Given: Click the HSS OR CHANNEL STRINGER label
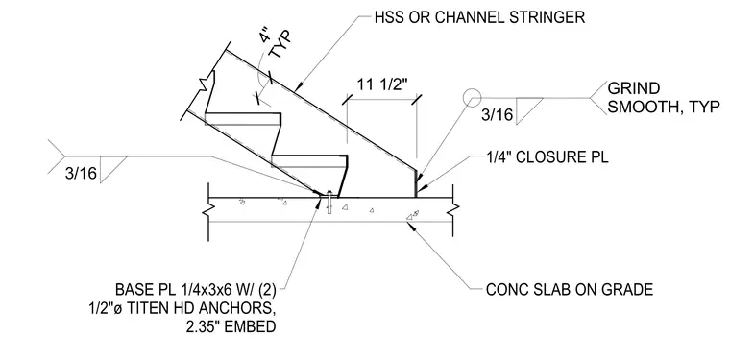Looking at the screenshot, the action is (479, 17).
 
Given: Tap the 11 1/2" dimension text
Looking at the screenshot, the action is (382, 84).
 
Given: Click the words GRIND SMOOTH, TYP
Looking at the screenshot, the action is (664, 98).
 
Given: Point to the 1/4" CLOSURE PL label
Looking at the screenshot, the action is (547, 157).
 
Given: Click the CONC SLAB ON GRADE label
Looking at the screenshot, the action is (570, 290).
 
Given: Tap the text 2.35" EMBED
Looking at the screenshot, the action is (231, 326).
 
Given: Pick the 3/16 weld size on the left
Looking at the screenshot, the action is (81, 174).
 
